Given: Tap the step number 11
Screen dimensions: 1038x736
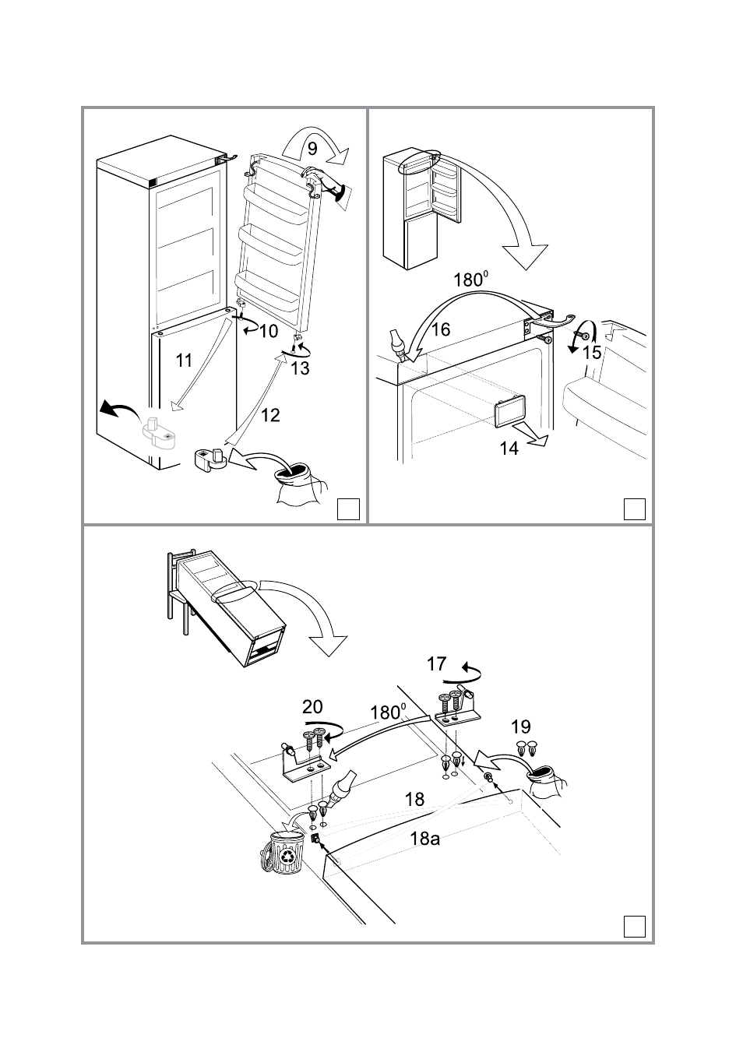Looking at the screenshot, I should click(184, 360).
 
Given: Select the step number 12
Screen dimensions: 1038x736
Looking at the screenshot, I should click(269, 415).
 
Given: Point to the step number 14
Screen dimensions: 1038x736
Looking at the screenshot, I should click(509, 449).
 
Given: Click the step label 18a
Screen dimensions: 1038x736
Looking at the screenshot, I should click(425, 839).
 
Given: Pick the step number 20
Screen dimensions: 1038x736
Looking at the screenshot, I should click(312, 707).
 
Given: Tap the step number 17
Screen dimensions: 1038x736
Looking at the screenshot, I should click(437, 663).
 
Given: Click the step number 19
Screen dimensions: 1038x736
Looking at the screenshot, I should click(521, 727).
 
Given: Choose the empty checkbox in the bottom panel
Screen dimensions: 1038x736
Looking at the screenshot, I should click(635, 926).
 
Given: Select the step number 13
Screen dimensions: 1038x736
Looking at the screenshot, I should click(300, 369).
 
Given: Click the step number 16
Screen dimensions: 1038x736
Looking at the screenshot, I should click(441, 329).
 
